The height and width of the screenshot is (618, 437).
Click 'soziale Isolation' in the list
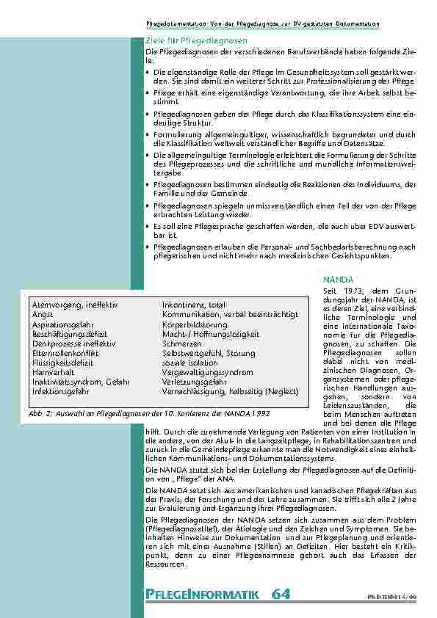[x=189, y=363]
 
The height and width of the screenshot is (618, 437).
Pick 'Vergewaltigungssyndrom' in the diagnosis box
[x=207, y=372]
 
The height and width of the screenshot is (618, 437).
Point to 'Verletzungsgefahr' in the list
[x=194, y=382]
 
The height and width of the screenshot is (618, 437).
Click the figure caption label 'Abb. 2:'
[x=41, y=412]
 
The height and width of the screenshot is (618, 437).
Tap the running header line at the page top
[x=262, y=24]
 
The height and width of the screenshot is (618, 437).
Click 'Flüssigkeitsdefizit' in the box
[x=62, y=363]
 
